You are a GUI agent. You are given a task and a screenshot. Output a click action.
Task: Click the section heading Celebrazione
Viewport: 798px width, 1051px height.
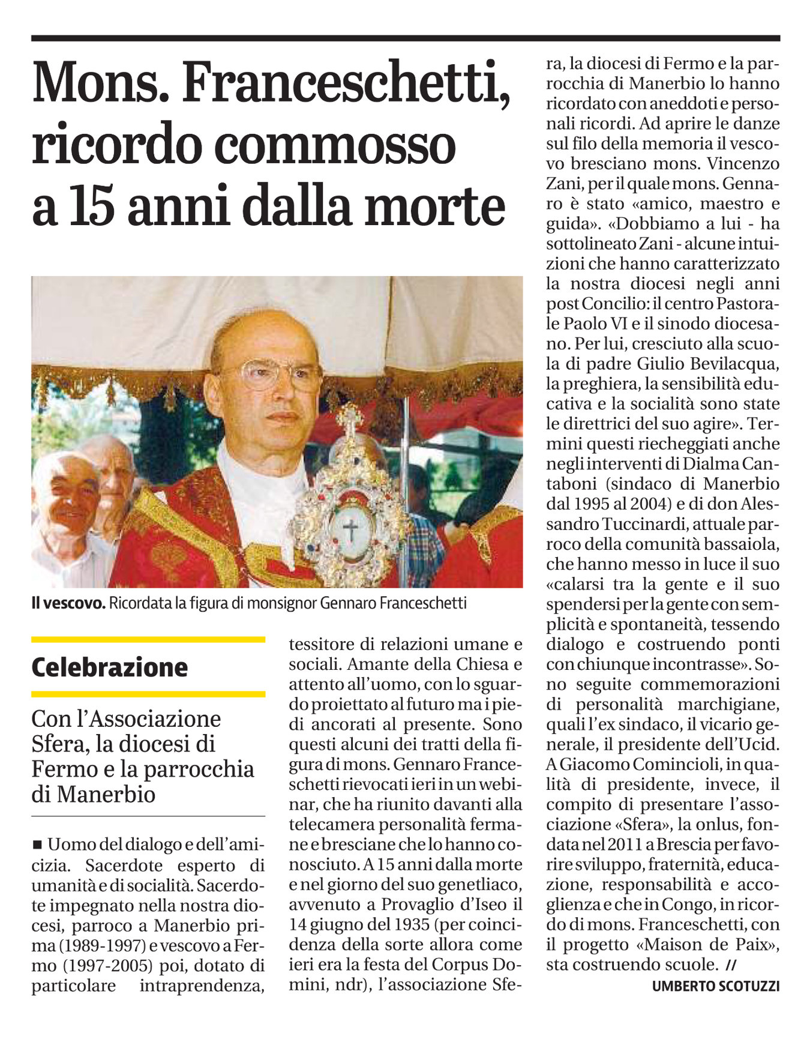(110, 667)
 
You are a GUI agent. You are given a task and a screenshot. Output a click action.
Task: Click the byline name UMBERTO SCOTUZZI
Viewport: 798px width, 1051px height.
(716, 986)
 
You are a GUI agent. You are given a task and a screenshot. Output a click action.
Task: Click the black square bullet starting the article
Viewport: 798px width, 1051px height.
(37, 845)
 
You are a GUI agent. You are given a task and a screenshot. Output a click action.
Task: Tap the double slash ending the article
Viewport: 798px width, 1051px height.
(730, 965)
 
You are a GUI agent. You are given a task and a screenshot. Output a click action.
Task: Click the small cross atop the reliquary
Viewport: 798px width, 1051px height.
(350, 415)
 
